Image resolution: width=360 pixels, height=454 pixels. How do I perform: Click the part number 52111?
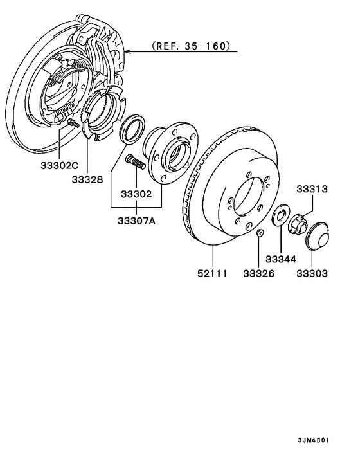point(213,273)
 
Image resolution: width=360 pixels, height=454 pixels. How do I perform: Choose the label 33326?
point(259,273)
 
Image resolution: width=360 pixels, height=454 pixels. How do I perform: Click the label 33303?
point(312,273)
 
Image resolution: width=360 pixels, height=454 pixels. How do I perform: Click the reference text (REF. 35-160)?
point(190,48)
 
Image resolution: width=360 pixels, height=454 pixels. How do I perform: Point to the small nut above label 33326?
point(258,232)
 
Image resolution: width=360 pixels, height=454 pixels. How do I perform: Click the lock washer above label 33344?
point(280,215)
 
